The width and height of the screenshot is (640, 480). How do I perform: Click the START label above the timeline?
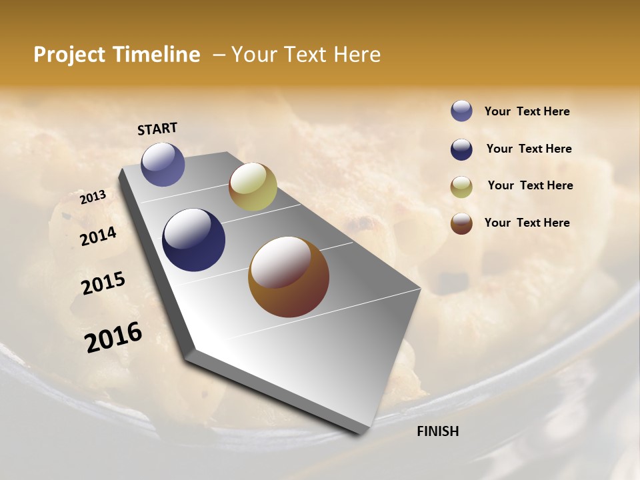pos(157,129)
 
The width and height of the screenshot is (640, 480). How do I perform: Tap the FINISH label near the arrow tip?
pos(438,431)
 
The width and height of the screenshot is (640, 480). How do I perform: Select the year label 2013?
pos(93,197)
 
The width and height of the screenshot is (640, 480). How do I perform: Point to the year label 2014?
pos(98,236)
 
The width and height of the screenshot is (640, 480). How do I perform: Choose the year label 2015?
pos(103,283)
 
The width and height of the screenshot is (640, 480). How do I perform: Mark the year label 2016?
pos(113,337)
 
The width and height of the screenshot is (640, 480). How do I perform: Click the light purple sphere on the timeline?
pos(163,164)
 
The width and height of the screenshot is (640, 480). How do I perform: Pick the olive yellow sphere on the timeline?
pos(253,187)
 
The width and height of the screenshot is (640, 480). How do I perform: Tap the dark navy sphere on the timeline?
pos(194,240)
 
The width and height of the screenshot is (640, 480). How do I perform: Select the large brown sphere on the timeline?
pos(289,277)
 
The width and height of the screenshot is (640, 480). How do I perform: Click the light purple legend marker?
pos(461,111)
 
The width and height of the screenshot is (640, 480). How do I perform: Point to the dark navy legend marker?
pos(461,149)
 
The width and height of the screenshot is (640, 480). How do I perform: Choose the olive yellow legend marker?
pos(461,187)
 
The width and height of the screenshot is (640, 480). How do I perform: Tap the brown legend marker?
pos(461,223)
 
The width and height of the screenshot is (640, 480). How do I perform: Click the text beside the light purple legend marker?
pos(527,111)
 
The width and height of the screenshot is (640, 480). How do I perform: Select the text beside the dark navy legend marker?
pos(529,149)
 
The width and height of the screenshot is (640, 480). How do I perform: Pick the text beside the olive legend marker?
pos(530,185)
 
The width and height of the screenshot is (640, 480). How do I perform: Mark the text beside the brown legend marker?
pos(527,223)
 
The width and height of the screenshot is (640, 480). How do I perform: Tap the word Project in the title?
pos(69,55)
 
